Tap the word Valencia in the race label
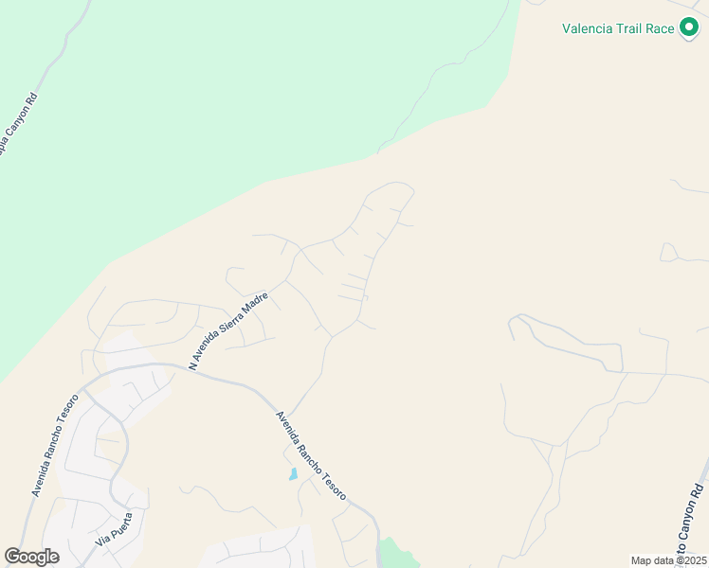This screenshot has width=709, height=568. [x=588, y=28]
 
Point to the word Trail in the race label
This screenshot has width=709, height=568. [x=631, y=28]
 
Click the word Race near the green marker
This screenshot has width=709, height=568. [x=661, y=28]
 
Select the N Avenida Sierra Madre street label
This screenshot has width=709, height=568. [x=228, y=330]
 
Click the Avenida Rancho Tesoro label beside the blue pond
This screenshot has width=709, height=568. [x=311, y=456]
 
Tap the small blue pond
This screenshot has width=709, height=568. [x=294, y=473]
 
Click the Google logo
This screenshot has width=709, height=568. [x=31, y=557]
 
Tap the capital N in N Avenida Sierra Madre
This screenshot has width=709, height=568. [x=192, y=365]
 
